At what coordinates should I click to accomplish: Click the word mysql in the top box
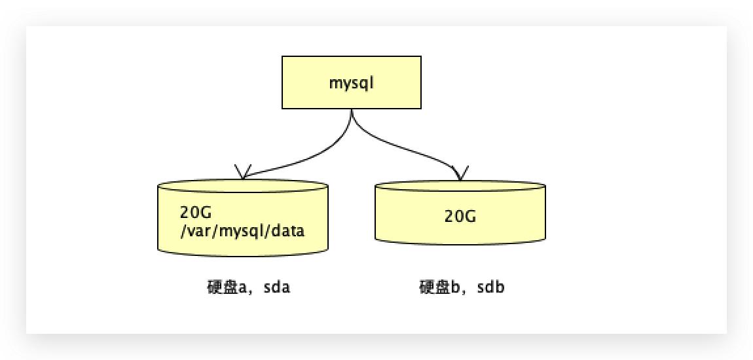(351, 83)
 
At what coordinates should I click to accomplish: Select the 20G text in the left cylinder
(194, 213)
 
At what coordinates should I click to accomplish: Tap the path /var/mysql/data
(242, 231)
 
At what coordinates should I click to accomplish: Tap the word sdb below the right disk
(491, 288)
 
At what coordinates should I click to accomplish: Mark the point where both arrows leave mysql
(352, 111)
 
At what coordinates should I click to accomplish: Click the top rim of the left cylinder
(243, 181)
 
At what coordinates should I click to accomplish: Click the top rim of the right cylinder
(460, 181)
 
